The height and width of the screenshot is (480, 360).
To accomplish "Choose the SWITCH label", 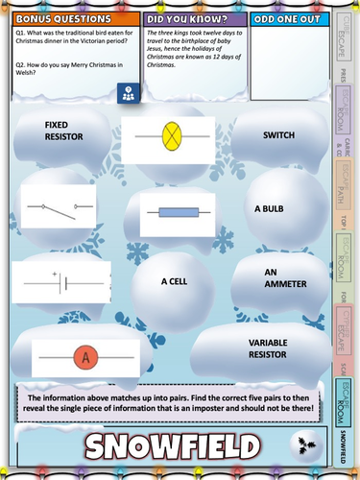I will (x=278, y=135).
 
